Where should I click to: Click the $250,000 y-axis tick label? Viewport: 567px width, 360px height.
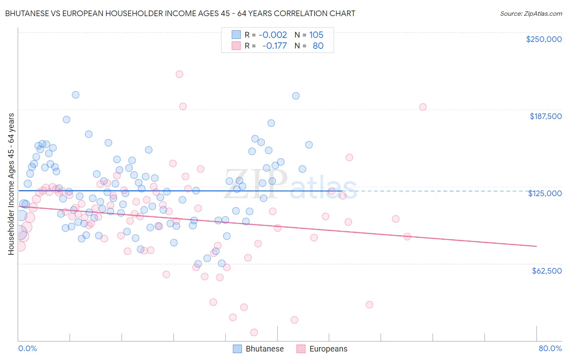coord(544,39)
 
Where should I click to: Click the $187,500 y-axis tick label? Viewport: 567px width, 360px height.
coord(545,116)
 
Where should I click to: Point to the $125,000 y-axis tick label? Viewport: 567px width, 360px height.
coord(545,193)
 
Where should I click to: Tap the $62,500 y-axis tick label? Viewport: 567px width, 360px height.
coord(546,271)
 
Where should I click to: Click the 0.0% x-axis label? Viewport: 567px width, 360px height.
coord(27,348)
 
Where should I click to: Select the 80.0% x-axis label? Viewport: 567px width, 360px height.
coord(550,348)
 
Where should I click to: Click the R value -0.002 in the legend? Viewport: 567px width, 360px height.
coord(273,35)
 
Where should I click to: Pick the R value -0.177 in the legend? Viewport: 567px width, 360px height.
coord(274,46)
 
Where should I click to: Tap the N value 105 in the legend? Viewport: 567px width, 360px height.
coord(316,35)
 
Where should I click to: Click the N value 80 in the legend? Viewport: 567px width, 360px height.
coord(318,46)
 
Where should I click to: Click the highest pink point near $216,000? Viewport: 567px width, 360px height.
coord(179,74)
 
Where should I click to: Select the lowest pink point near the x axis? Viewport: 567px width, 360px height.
coord(254,332)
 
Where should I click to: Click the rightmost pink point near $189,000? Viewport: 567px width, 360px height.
coord(423,107)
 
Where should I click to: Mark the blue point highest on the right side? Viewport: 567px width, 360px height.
coord(296,96)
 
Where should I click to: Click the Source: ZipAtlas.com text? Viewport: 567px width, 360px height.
coord(531,13)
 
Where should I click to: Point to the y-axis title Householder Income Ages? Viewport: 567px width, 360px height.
coord(11,184)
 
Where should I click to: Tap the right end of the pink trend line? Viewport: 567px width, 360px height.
coord(536,246)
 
